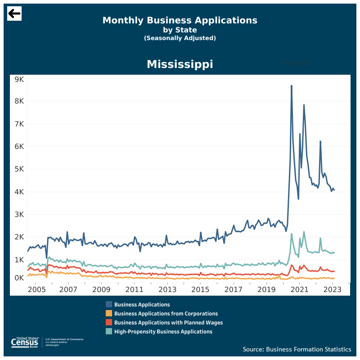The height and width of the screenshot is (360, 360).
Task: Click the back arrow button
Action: tap(14, 13)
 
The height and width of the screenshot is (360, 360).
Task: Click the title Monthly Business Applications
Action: tap(180, 20)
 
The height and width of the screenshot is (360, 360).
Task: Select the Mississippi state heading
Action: tap(180, 64)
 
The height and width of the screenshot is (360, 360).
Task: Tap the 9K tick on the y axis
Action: tap(19, 79)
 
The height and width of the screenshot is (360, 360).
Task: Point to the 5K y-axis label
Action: tap(19, 169)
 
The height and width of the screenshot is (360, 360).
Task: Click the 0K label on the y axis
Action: tap(19, 278)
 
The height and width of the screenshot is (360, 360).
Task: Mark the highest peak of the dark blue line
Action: tap(291, 85)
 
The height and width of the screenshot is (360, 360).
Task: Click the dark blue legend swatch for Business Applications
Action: tap(109, 305)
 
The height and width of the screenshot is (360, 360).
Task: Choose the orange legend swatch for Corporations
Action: tap(109, 314)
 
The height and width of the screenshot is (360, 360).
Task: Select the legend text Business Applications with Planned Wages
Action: tap(168, 323)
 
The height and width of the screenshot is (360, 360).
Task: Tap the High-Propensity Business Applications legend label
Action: tap(163, 332)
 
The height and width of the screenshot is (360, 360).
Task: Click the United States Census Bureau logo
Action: tap(27, 342)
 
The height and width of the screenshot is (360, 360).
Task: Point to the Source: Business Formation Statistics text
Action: tap(297, 349)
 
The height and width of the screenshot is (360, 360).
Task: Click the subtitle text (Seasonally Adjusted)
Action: tap(180, 38)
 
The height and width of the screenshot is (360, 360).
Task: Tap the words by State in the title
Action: tap(180, 30)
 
